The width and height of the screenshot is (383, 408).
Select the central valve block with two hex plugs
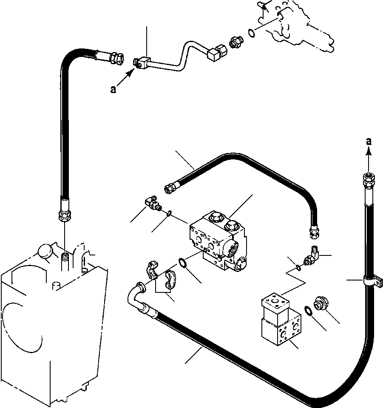(x=218, y=240)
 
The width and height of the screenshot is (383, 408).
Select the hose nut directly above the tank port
(x=63, y=215)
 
